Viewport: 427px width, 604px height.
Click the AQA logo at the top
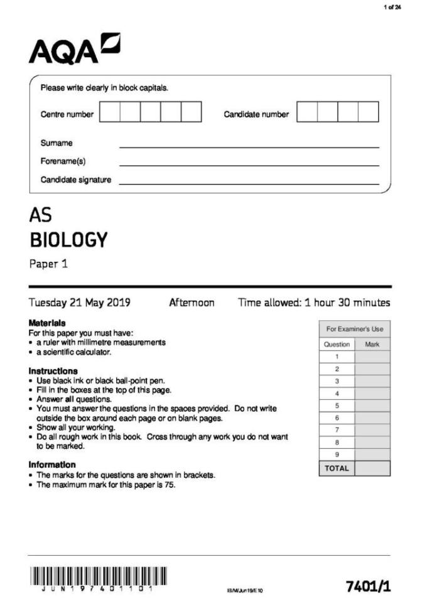[74, 48]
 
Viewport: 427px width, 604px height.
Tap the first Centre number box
[110, 112]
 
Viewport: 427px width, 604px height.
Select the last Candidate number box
[369, 112]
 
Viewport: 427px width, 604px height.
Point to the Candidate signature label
[76, 180]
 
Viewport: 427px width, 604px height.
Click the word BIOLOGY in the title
[68, 240]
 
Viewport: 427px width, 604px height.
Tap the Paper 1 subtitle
[48, 264]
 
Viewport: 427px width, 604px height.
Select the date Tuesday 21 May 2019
[80, 303]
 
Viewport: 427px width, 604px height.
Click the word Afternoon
[192, 303]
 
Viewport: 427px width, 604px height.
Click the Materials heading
[47, 323]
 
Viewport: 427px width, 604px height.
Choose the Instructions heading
[53, 371]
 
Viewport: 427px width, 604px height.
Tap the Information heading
[52, 465]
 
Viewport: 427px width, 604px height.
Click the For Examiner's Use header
[354, 329]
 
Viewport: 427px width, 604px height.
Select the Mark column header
[372, 344]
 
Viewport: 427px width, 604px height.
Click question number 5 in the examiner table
[337, 406]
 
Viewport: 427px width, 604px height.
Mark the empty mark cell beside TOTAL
[372, 468]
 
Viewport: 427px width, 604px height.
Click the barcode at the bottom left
[98, 577]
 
